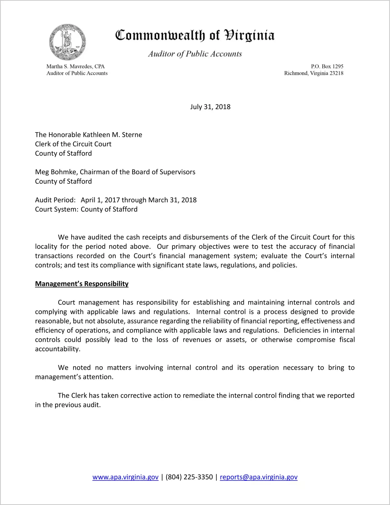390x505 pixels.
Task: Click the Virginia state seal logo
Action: coord(67,42)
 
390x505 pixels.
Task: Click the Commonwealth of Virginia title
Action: coord(195,35)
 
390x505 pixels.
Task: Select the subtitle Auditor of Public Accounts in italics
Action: coord(195,54)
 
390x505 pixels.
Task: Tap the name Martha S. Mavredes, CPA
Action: coord(75,66)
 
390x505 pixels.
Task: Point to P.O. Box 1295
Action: coord(327,66)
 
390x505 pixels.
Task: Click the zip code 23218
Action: coord(336,73)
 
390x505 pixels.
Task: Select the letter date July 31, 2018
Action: coord(210,107)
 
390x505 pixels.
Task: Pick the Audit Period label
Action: coord(55,200)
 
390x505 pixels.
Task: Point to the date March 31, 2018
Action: coord(172,200)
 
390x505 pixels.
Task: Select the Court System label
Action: coord(57,209)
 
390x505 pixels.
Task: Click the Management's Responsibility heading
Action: coord(82,284)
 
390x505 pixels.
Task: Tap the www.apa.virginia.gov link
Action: coord(125,477)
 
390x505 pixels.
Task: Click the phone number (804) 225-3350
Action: coord(189,477)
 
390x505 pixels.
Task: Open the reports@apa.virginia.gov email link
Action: coord(258,477)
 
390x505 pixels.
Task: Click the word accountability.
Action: coord(57,349)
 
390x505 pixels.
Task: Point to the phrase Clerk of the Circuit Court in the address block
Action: coord(73,144)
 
